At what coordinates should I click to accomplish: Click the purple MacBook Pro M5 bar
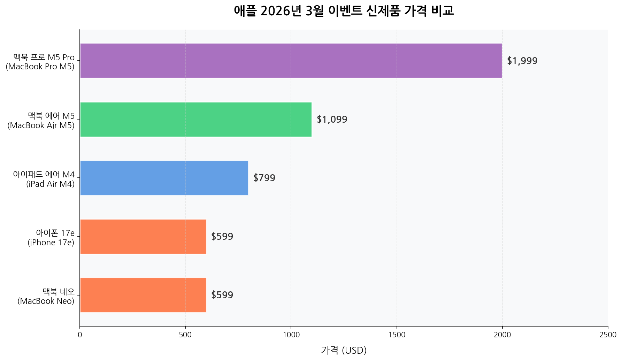click(x=291, y=61)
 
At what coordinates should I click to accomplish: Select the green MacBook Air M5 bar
click(x=196, y=119)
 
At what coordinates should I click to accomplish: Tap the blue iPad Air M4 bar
click(x=164, y=178)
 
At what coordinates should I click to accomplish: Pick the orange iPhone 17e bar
click(x=143, y=236)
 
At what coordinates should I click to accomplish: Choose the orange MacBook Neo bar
click(x=143, y=295)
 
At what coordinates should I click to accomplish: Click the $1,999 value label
click(x=522, y=61)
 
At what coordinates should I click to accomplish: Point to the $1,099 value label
click(x=332, y=119)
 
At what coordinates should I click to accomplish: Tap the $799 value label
click(x=264, y=178)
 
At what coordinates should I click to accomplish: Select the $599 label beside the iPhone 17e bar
click(x=222, y=236)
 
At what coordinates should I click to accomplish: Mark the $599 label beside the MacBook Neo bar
click(x=222, y=295)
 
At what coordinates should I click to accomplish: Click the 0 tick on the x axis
click(x=80, y=335)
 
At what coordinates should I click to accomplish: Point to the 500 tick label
click(x=185, y=335)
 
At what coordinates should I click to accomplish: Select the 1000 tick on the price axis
click(x=291, y=335)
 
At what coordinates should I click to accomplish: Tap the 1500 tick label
click(x=397, y=335)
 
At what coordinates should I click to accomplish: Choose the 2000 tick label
click(x=502, y=335)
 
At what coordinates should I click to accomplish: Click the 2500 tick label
click(x=608, y=335)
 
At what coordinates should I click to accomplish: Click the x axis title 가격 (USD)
click(x=344, y=350)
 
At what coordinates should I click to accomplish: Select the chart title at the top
click(x=344, y=11)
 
